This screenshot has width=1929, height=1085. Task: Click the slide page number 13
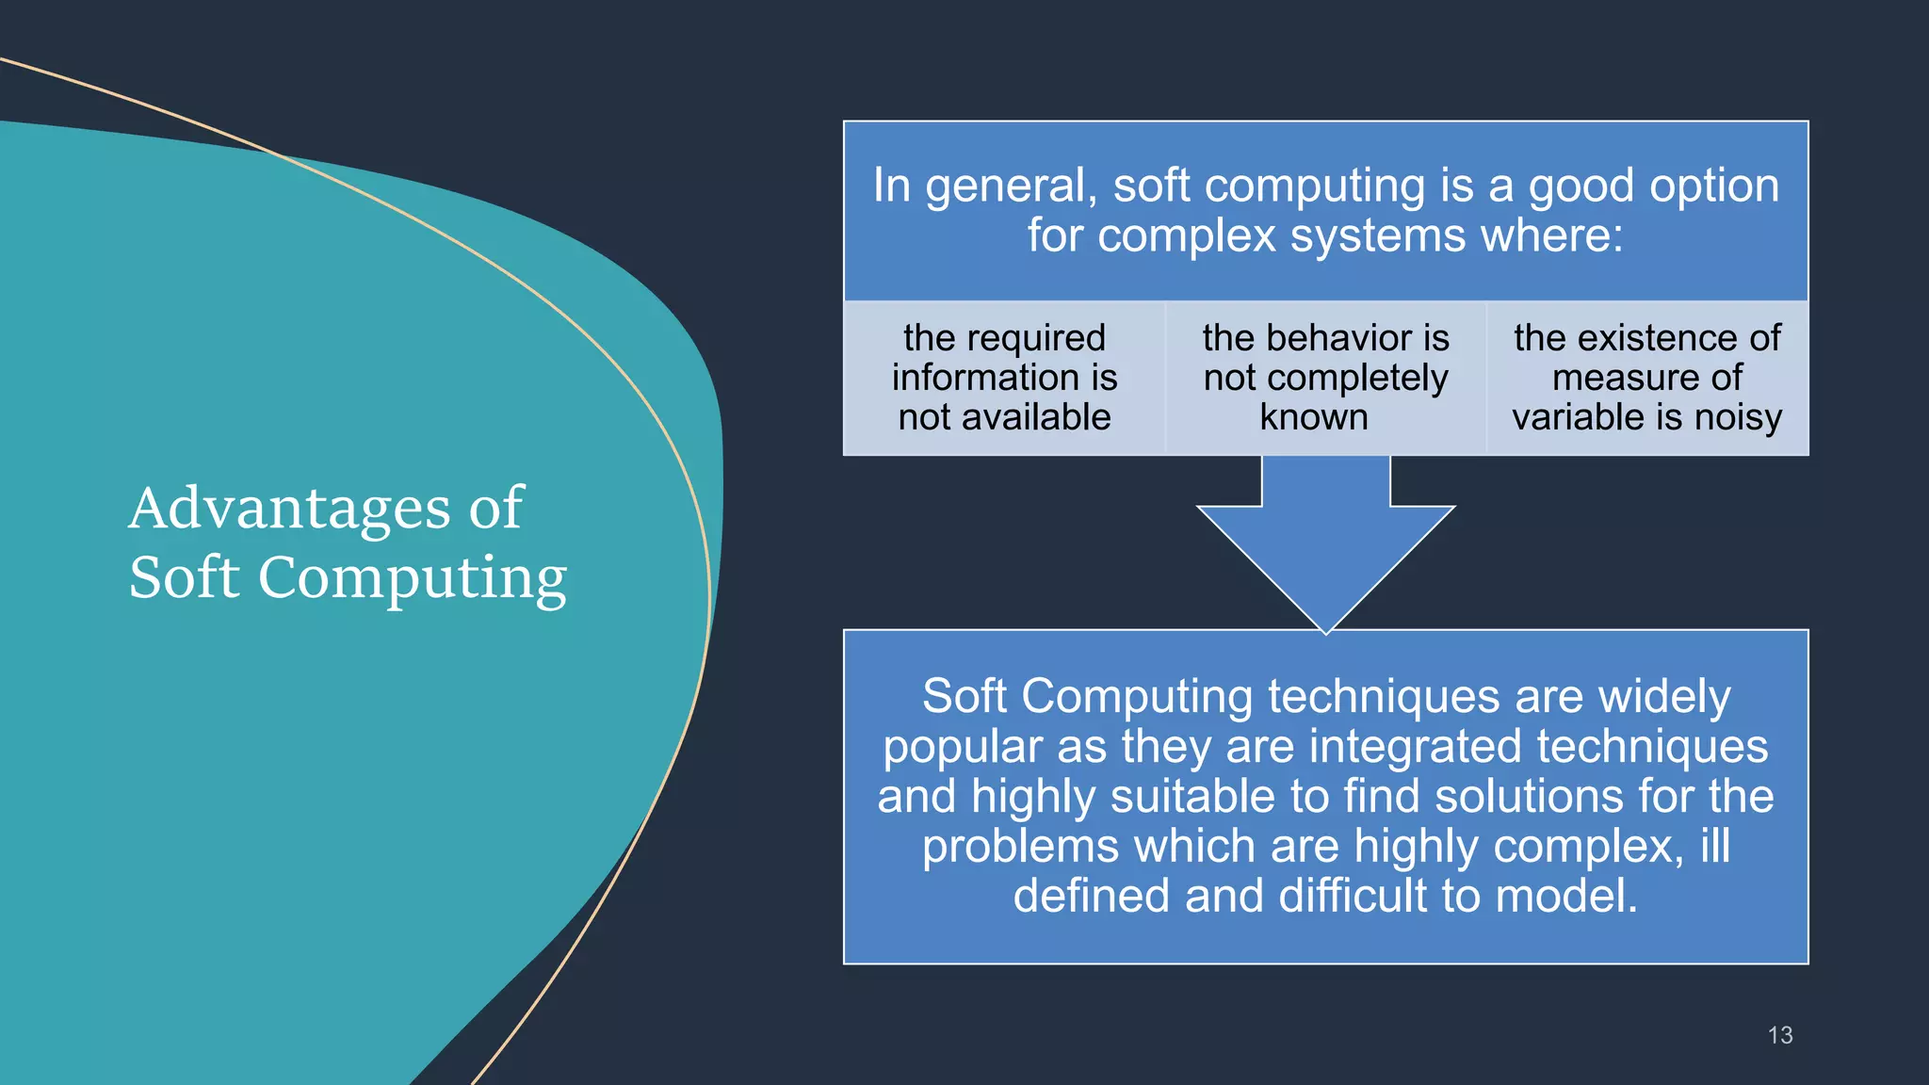pyautogui.click(x=1779, y=1035)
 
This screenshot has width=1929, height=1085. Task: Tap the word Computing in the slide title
pyautogui.click(x=413, y=577)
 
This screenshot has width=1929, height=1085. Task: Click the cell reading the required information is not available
pyautogui.click(x=1004, y=378)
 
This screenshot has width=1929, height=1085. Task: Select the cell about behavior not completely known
pyautogui.click(x=1325, y=378)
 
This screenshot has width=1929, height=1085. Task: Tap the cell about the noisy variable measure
pyautogui.click(x=1647, y=378)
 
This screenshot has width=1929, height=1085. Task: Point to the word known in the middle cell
pyautogui.click(x=1314, y=417)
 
